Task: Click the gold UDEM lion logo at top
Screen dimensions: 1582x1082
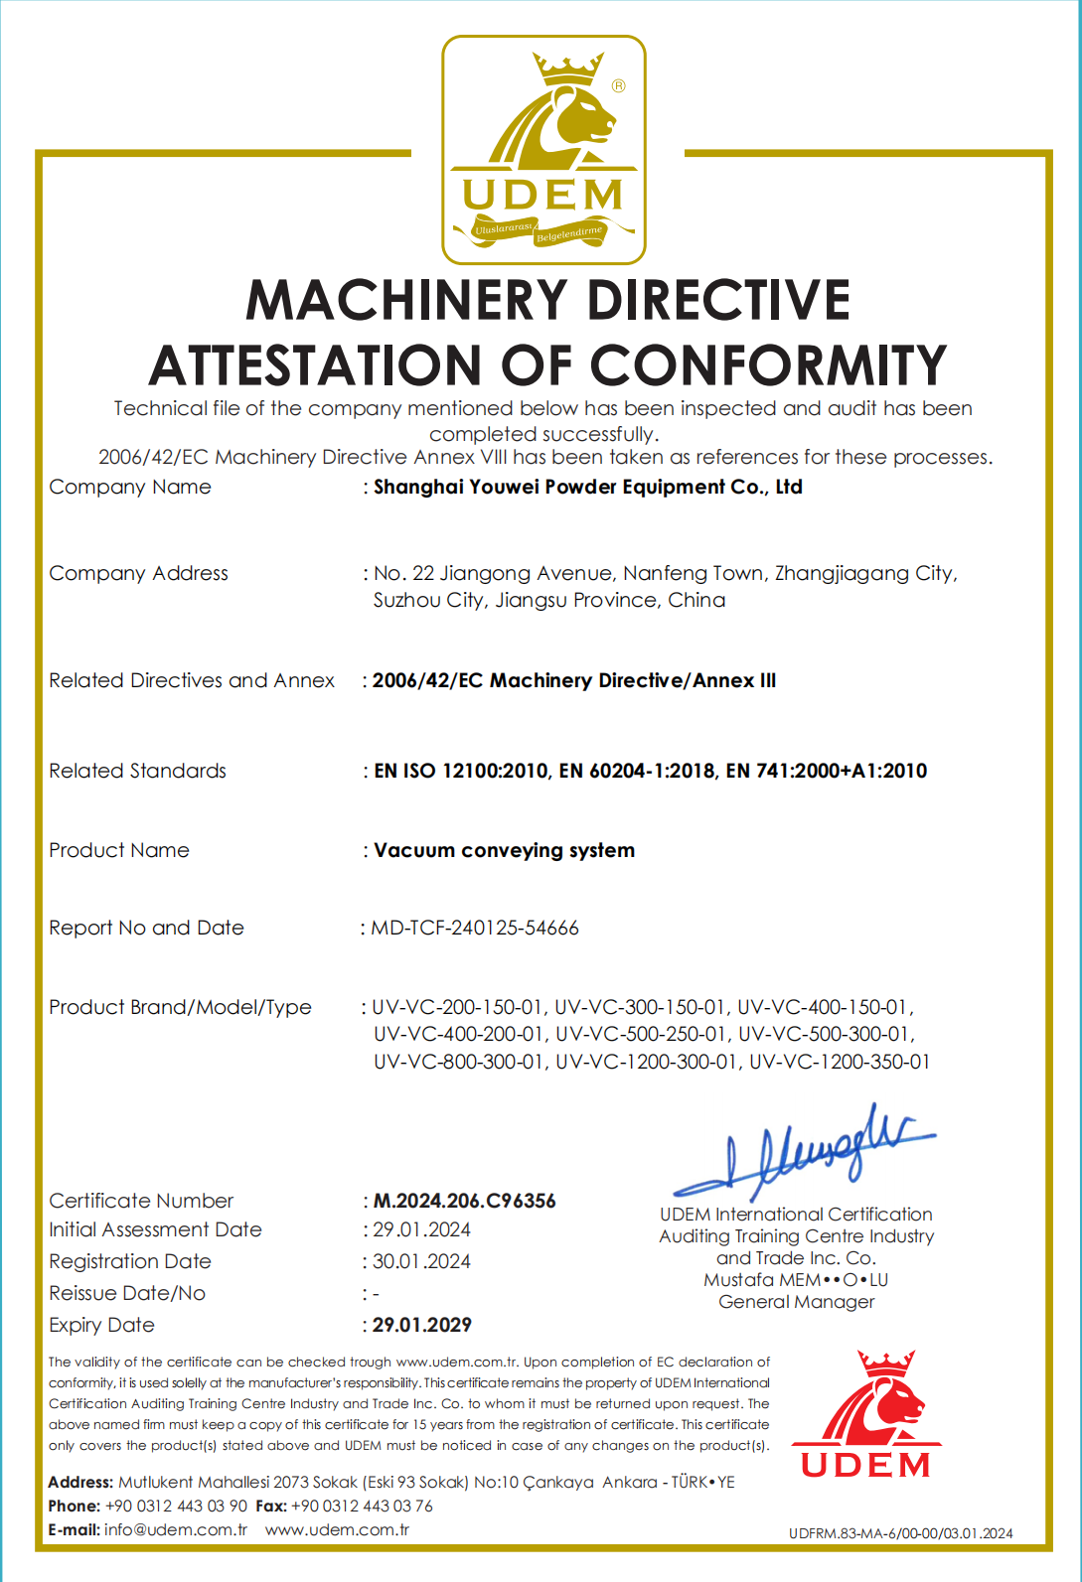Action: point(543,150)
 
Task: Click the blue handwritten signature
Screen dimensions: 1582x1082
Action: point(805,1152)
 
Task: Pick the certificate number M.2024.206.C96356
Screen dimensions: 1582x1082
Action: point(464,1201)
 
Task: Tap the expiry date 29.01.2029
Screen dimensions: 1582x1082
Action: point(421,1325)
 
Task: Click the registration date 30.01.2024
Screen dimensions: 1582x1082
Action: point(421,1261)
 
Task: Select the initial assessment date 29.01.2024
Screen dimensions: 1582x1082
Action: point(421,1229)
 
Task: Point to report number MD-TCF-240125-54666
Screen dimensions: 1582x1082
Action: point(474,928)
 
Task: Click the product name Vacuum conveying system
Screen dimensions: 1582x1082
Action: point(504,850)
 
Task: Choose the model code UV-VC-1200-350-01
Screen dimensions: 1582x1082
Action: point(840,1062)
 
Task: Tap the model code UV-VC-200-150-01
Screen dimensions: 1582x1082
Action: point(457,1007)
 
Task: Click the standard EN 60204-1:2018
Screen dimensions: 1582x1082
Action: point(636,771)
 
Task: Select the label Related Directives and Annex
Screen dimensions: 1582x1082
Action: point(192,680)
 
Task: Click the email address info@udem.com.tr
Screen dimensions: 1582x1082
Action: point(176,1529)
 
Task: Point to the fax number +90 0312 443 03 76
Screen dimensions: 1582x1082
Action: point(362,1506)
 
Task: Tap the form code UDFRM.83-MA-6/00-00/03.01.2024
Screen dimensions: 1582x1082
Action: point(900,1533)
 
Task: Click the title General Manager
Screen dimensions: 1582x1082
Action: point(796,1302)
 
